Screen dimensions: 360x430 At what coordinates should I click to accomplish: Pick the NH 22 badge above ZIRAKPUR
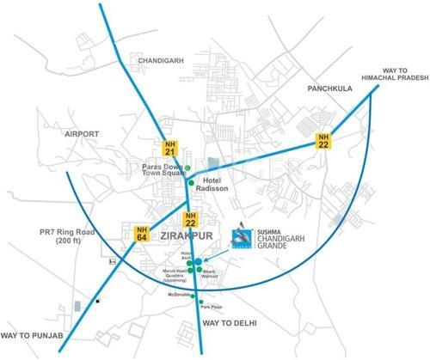click(192, 217)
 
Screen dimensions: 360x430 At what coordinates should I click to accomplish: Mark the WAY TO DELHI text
click(230, 322)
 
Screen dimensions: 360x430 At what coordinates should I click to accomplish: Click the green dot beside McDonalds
click(194, 296)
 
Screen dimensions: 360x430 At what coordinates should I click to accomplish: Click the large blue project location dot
click(198, 261)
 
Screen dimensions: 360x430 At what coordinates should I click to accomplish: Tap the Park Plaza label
click(211, 307)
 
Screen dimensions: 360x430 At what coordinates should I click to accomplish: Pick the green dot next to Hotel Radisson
click(192, 183)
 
